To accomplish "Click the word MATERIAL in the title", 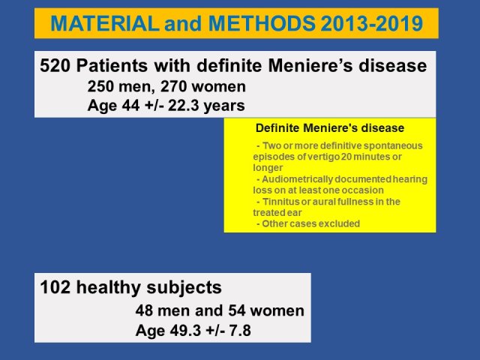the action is point(105,23).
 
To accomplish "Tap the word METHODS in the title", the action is point(262,23).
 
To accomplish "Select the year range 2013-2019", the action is point(372,23).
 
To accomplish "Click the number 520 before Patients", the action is point(55,66).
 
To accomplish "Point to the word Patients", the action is point(112,66).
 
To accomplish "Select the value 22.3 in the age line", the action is point(184,106).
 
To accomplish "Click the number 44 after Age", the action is point(130,106).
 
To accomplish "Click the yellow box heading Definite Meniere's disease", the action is point(330,128).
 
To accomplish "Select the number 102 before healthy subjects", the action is point(55,288).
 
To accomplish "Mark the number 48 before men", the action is point(144,311).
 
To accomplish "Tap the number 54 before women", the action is point(237,311).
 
